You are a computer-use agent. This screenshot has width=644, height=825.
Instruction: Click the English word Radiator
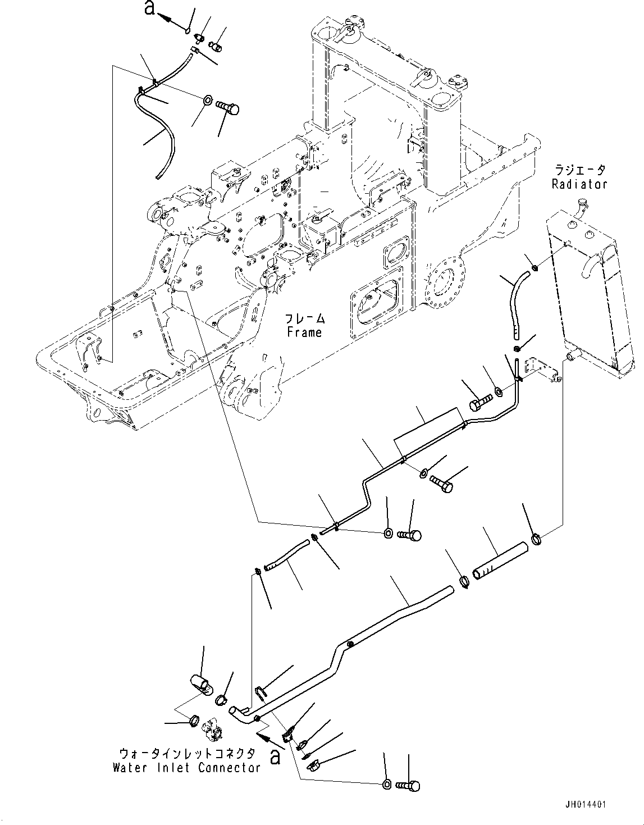pyautogui.click(x=579, y=184)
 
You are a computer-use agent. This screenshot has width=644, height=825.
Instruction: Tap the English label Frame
pyautogui.click(x=304, y=332)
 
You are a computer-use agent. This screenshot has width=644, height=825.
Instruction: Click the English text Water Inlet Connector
pyautogui.click(x=186, y=768)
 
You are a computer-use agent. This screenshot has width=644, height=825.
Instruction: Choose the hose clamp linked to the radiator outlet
pyautogui.click(x=536, y=542)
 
